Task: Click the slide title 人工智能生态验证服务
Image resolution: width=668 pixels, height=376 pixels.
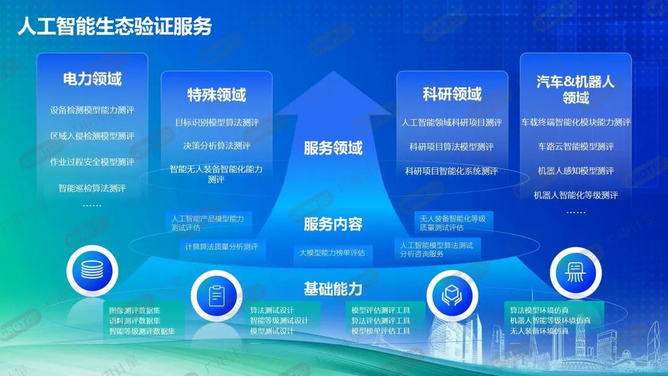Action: (114, 27)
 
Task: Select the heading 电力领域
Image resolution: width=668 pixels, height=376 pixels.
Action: (92, 79)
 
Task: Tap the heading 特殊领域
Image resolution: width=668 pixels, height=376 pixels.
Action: (216, 95)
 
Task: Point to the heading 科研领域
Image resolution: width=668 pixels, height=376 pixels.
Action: (452, 94)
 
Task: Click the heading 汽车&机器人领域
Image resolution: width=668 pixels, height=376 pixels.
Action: (576, 90)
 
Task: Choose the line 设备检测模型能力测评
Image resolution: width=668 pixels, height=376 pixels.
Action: (92, 110)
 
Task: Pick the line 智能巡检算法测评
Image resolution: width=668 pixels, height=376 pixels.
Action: (92, 188)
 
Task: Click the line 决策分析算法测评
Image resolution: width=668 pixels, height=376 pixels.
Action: (217, 146)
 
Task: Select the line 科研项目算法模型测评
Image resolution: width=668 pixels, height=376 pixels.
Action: (452, 147)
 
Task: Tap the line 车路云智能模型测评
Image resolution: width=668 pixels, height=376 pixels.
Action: (576, 147)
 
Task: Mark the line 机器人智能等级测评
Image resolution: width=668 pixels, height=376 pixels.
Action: (576, 196)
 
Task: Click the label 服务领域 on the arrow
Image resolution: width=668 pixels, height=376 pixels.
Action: (333, 148)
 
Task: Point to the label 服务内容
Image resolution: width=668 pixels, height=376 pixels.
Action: (333, 224)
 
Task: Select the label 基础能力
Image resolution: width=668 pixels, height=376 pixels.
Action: (333, 289)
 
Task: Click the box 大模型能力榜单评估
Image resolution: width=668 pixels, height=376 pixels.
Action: (333, 253)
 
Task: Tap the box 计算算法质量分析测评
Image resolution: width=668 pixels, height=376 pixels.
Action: (222, 247)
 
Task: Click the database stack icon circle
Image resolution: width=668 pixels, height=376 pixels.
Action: (92, 271)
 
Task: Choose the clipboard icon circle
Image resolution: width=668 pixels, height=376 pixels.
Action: (216, 295)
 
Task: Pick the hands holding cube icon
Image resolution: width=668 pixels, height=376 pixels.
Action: (452, 295)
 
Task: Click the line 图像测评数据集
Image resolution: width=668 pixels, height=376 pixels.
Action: (135, 310)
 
